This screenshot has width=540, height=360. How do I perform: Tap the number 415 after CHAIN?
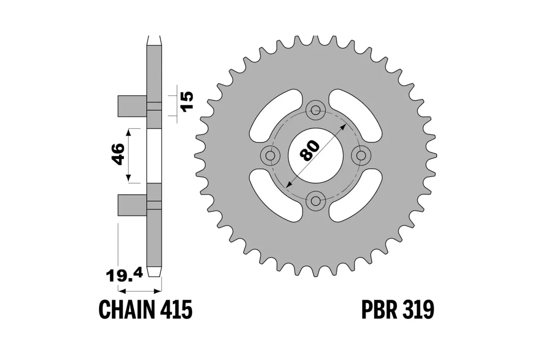click(177, 310)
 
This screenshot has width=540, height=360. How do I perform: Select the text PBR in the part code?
click(380, 310)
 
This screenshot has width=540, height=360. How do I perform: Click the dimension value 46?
click(118, 154)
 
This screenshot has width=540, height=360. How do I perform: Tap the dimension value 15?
click(186, 102)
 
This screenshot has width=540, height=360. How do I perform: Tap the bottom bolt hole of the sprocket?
click(315, 201)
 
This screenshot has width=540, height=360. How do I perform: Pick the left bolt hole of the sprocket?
click(270, 155)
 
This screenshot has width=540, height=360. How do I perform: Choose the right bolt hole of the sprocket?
click(360, 155)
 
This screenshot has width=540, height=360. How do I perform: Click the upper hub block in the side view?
click(132, 106)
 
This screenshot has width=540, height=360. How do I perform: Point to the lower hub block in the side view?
click(132, 205)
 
